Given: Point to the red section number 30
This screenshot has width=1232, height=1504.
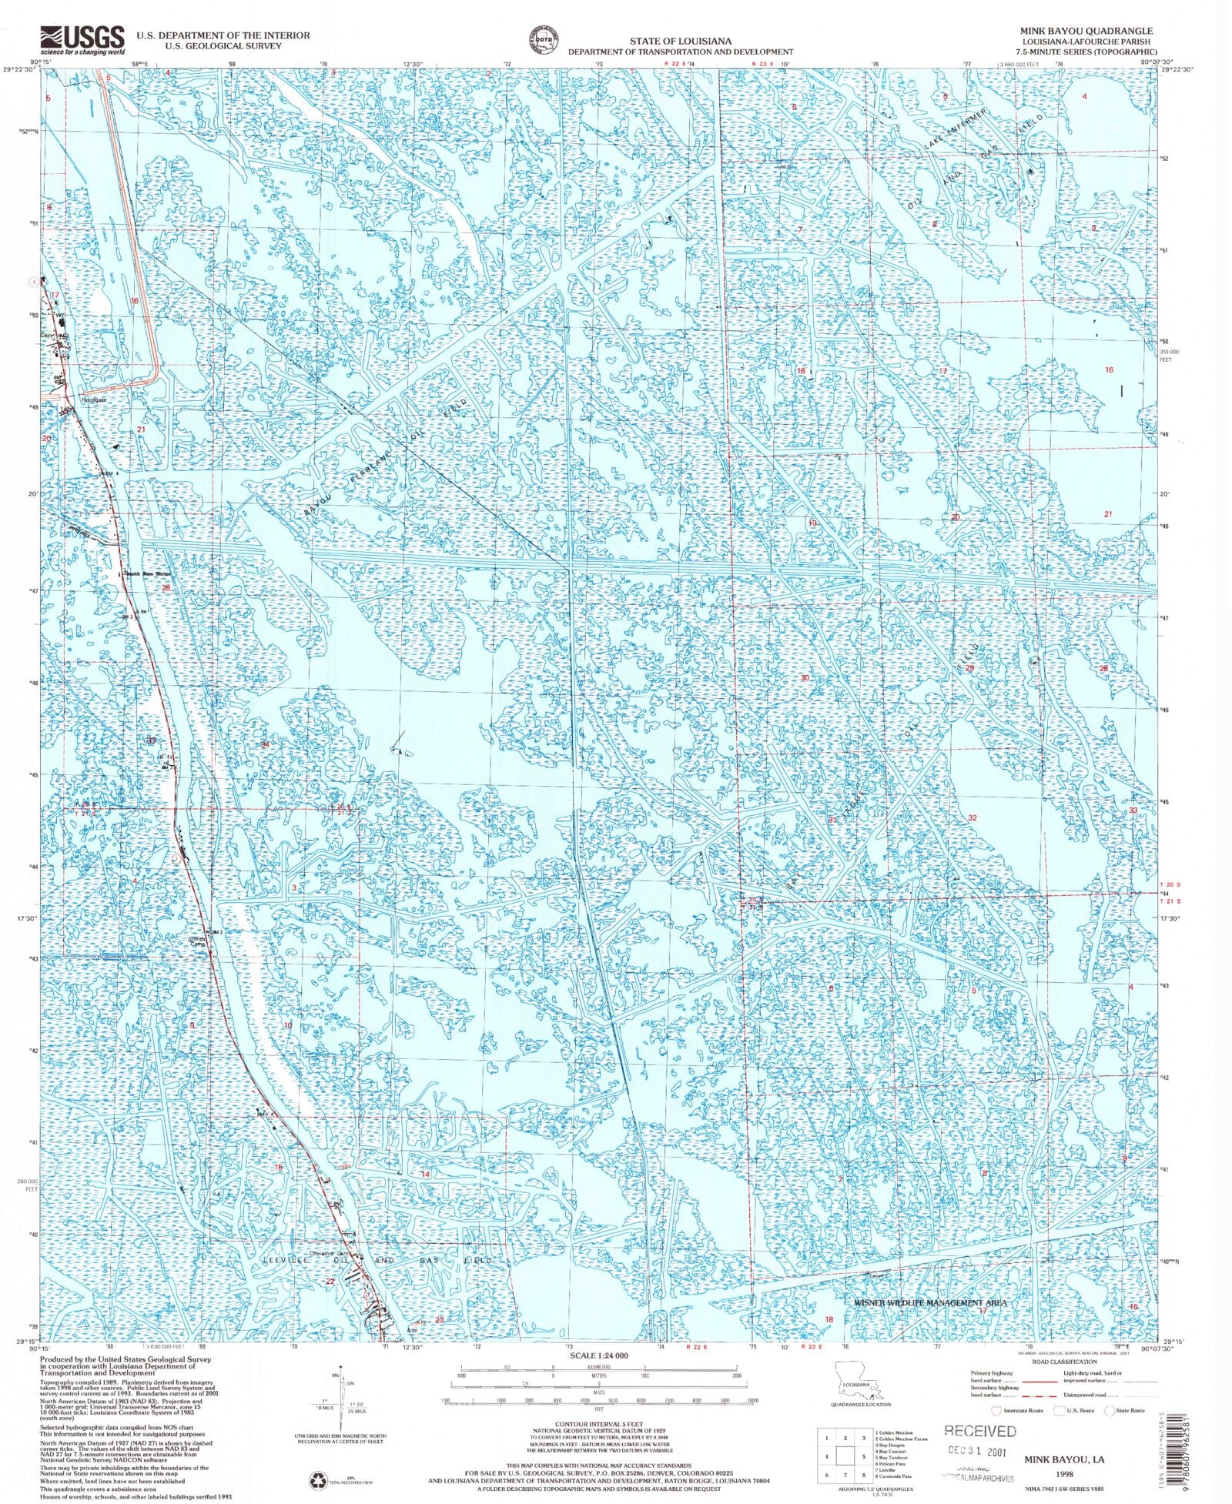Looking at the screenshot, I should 805,678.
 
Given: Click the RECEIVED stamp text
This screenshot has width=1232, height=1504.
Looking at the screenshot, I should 979,1431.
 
